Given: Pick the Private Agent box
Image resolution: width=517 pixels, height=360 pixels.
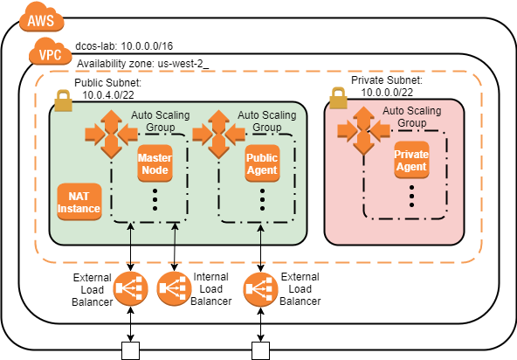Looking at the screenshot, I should coord(410,160).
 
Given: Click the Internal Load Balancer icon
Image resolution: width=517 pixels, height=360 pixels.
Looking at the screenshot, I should coord(173,288).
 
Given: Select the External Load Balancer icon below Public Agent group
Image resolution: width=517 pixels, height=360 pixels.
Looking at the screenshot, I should coord(260,288).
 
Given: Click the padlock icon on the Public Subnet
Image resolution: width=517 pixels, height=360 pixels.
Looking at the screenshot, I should coord(62,101).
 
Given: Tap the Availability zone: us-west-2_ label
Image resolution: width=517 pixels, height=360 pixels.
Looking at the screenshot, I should coord(143,64).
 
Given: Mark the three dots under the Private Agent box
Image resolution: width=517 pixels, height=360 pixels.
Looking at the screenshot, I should coord(410,198).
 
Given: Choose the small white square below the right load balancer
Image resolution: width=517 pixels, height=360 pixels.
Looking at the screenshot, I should coord(260,351).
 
